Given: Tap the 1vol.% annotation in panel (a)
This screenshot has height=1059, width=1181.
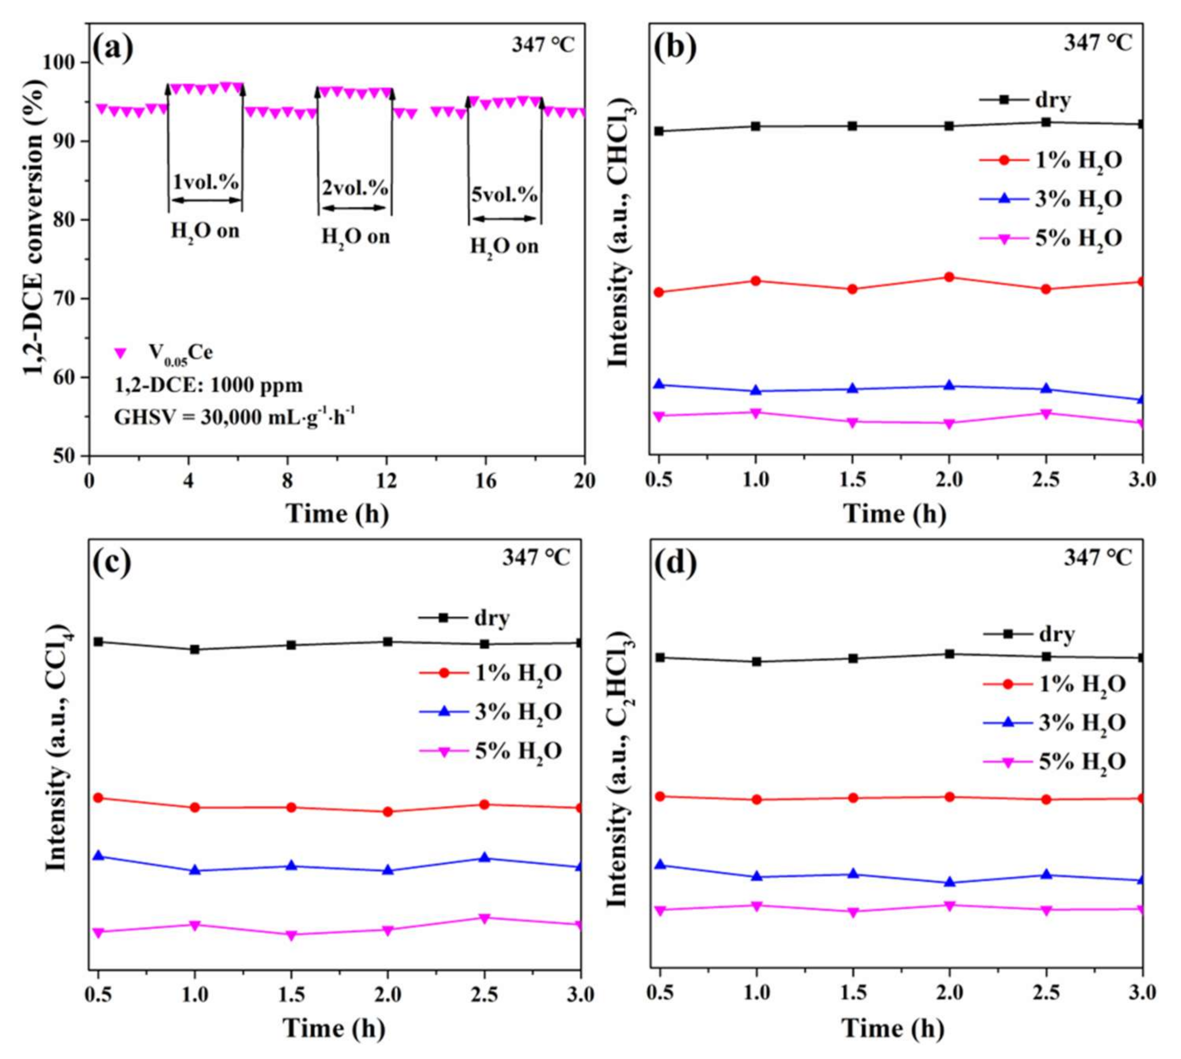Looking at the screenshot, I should point(207,182).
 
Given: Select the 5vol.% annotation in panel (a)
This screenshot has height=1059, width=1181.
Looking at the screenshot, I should point(504,194).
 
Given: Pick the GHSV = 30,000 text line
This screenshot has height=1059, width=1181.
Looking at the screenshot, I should point(234,416).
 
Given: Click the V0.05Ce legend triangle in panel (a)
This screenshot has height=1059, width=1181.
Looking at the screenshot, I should point(120,353).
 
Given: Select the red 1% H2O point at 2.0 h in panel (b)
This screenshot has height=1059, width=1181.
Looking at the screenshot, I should point(949,277).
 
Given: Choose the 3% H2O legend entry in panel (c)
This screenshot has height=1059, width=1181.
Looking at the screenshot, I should point(490,712).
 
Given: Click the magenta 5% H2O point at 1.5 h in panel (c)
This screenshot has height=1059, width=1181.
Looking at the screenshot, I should point(291,936).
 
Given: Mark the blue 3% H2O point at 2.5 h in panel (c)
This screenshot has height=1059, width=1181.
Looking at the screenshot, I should point(484,858).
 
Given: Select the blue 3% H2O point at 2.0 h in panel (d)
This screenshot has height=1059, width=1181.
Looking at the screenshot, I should point(949,882).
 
